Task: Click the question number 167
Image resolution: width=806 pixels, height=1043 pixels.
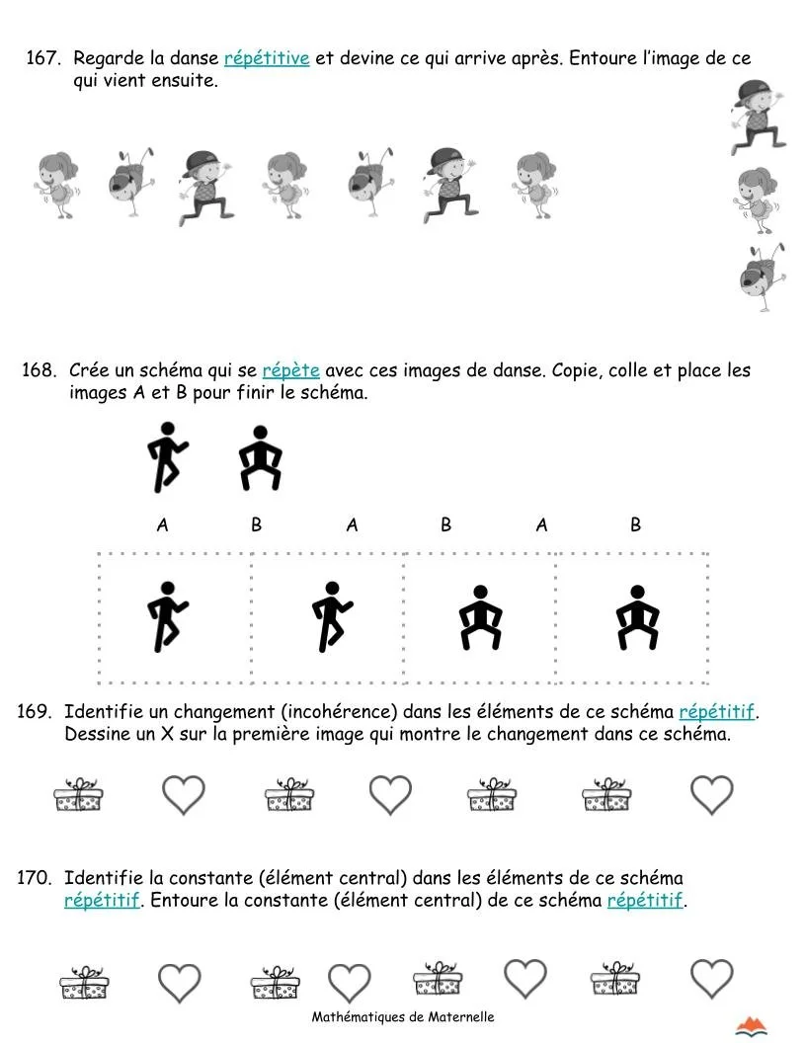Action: pos(42,58)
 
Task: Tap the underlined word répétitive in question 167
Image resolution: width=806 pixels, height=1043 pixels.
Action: pos(267,58)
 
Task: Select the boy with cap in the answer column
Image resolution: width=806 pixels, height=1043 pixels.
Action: pos(759,117)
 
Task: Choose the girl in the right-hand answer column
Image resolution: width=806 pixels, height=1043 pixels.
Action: pos(757,201)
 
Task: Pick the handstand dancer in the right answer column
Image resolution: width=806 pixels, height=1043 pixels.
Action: pos(761,277)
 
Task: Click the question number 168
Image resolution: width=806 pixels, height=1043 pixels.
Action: pos(39,370)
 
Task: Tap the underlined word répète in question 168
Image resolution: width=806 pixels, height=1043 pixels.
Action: pos(290,370)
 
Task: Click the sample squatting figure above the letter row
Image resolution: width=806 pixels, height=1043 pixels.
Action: pos(261,458)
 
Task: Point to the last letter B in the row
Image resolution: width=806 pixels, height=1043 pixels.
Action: pos(635,525)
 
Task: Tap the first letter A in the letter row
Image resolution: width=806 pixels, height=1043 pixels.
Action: pos(162,525)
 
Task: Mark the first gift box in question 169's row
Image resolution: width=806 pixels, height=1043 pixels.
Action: pos(79,794)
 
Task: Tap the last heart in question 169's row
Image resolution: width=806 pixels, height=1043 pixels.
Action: pos(711,794)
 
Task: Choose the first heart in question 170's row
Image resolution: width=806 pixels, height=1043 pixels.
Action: pos(180,983)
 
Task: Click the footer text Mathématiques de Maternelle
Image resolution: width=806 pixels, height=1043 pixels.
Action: pos(403,1017)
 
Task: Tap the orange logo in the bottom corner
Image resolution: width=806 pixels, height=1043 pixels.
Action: pos(753,1026)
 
